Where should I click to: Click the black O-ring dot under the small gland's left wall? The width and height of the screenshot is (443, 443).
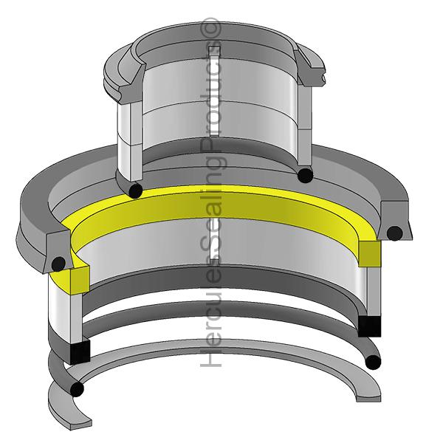(134, 190)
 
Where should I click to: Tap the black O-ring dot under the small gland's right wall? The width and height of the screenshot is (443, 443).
(303, 175)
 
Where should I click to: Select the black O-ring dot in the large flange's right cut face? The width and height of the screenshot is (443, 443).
(395, 234)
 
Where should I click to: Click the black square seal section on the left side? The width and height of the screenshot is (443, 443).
(78, 352)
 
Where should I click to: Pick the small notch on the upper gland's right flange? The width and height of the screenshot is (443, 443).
(323, 75)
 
